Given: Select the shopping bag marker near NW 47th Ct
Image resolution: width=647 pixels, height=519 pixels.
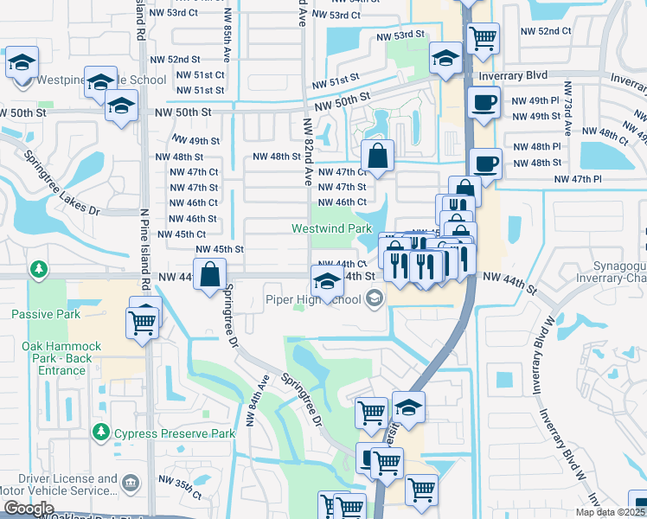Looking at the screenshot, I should click(377, 157).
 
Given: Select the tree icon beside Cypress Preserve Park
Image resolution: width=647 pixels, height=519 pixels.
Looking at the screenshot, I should click(101, 432).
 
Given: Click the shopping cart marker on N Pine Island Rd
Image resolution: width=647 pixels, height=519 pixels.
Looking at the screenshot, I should click(142, 323).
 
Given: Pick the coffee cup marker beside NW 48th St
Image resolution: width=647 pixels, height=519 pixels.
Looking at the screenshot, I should click(484, 163).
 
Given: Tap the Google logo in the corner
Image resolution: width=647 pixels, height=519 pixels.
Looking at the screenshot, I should click(29, 509).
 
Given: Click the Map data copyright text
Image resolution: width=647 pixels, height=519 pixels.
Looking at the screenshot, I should click(611, 513).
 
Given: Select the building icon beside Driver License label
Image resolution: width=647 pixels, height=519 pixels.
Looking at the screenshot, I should click(131, 481).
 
